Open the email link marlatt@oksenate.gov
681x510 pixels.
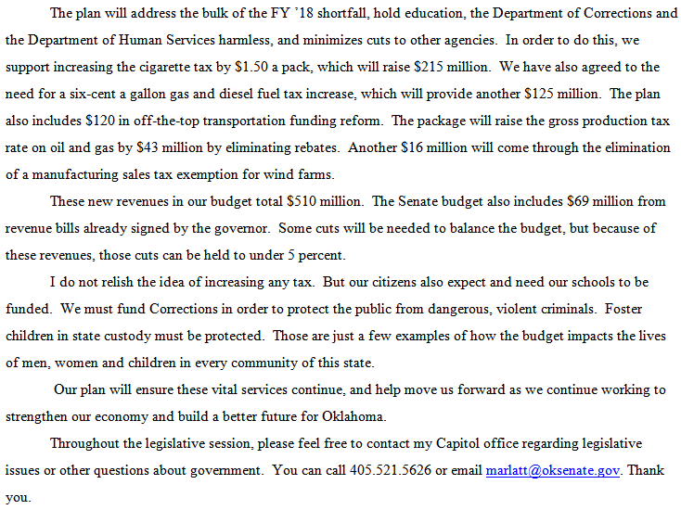(x=553, y=470)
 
